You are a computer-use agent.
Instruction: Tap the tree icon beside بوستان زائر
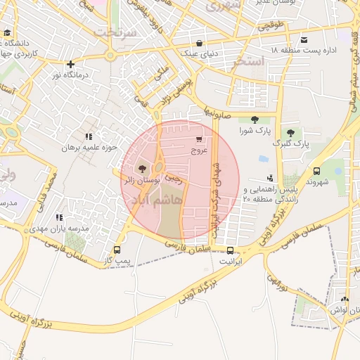tap(143, 169)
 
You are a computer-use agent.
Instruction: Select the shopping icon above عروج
tap(200, 139)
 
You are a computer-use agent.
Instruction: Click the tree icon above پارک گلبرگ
tap(290, 133)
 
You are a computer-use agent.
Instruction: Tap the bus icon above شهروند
tap(316, 171)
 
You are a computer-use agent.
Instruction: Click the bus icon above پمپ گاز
tap(117, 250)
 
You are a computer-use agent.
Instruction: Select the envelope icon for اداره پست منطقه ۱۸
tap(304, 39)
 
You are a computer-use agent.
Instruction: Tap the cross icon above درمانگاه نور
tap(70, 64)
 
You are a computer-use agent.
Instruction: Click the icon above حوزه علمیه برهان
tap(88, 136)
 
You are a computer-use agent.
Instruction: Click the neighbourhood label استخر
tap(251, 62)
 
